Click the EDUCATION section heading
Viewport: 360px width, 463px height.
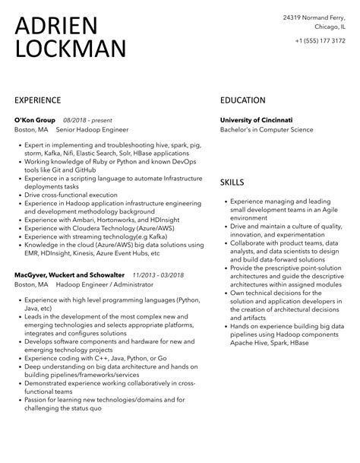pos(243,100)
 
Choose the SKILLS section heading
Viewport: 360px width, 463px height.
pos(232,182)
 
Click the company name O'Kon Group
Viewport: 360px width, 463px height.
pos(35,120)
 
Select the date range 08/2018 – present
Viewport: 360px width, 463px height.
pos(87,120)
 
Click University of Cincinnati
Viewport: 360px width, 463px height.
pos(256,120)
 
